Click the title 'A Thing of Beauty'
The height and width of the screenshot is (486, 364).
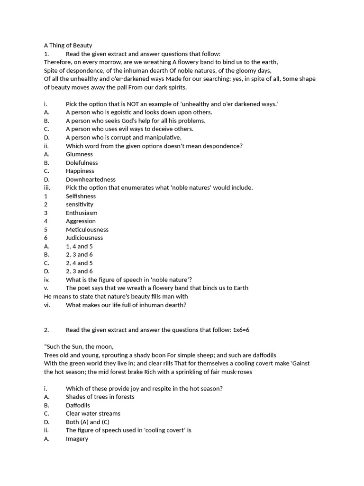tap(68, 46)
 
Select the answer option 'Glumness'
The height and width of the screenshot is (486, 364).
tap(79, 154)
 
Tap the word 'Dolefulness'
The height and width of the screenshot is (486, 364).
tap(82, 163)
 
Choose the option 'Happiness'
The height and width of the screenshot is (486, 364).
tap(80, 171)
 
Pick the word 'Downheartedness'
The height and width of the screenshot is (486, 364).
tap(91, 179)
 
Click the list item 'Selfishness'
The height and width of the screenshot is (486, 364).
tap(81, 196)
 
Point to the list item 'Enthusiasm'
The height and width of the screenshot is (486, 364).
tap(82, 213)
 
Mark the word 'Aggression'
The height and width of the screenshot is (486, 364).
tap(81, 221)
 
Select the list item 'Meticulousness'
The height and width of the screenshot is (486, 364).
tap(87, 230)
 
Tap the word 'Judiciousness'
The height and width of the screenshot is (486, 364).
tap(84, 238)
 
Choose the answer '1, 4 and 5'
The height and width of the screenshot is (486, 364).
tap(79, 246)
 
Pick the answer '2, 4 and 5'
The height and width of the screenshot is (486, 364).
tap(79, 263)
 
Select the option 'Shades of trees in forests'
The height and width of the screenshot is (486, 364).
tap(100, 397)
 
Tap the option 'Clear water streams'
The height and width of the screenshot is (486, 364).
tap(93, 413)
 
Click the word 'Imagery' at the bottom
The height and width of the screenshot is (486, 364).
tap(77, 439)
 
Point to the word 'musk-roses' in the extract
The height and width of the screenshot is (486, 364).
tap(237, 372)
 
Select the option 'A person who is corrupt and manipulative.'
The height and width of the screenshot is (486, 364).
tap(123, 138)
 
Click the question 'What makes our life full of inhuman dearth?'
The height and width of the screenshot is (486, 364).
tap(126, 305)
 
